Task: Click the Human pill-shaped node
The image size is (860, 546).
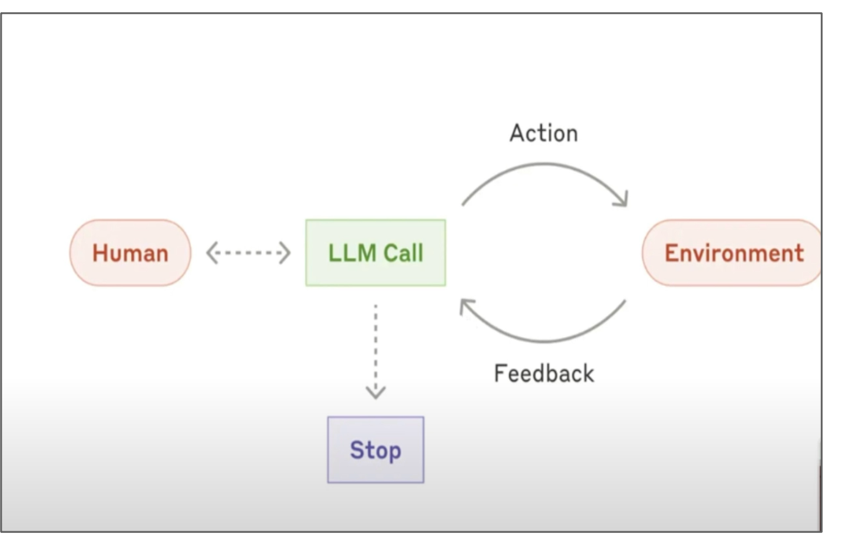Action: (130, 253)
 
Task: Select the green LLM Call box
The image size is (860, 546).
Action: (375, 253)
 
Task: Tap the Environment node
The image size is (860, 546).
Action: (733, 253)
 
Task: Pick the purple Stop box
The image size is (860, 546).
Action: (375, 450)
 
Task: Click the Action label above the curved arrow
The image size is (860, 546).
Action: (544, 133)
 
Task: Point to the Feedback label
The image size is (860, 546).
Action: (544, 374)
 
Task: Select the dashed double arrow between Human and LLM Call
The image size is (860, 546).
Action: (248, 253)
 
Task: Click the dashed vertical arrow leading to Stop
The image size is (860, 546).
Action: (375, 347)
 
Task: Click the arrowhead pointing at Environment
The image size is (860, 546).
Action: (621, 200)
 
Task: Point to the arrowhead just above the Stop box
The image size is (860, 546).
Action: (375, 393)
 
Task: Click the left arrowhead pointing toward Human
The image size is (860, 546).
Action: (212, 253)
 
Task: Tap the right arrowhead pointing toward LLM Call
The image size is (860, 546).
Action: (284, 253)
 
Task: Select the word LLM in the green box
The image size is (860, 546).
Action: (349, 253)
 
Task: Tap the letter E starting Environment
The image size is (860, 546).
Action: (671, 253)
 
